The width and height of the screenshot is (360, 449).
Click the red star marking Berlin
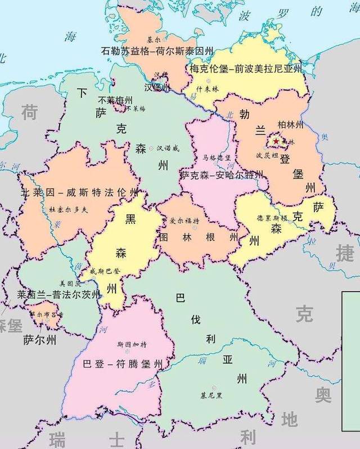[277, 141]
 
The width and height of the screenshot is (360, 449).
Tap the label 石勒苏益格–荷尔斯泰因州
[157, 51]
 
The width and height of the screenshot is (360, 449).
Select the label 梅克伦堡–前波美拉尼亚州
[246, 69]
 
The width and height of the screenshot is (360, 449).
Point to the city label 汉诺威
[168, 148]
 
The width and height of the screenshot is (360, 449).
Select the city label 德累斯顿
[272, 218]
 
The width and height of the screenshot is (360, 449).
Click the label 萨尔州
[39, 340]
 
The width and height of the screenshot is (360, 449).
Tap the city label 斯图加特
[132, 344]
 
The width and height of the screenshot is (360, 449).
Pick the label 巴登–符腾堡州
[122, 364]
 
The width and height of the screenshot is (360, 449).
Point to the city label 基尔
[154, 40]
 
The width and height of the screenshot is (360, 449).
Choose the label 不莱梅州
[111, 99]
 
